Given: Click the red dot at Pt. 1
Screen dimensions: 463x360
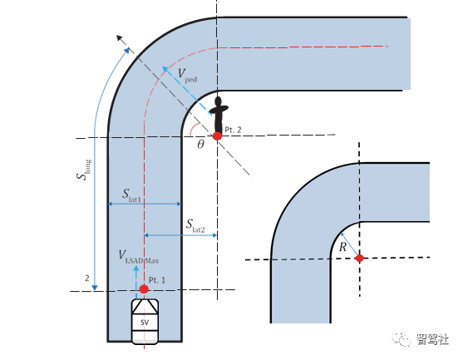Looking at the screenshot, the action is [144, 288].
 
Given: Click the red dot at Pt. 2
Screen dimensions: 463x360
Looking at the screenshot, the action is [217, 136].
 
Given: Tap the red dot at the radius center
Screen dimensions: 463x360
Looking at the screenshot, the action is [359, 258].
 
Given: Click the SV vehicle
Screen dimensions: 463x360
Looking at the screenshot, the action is [145, 322].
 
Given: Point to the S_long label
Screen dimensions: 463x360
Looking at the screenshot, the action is [84, 170].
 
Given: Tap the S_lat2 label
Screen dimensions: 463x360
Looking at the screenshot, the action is [195, 225].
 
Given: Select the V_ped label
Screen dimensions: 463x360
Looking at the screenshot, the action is [187, 75].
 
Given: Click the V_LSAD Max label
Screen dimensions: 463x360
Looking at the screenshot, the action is [139, 257].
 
